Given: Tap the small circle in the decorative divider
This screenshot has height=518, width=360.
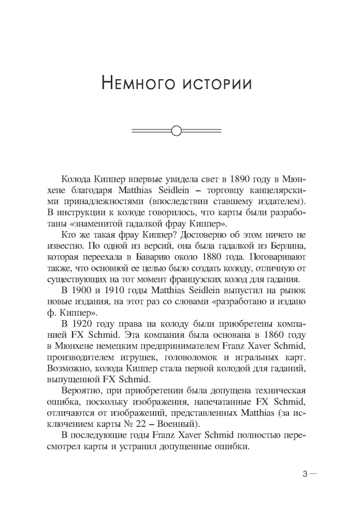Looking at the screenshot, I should [176, 131].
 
